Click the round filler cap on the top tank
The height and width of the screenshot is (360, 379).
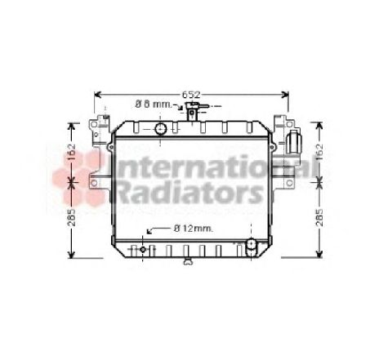click(x=161, y=129)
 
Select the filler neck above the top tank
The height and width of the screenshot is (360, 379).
click(x=194, y=114)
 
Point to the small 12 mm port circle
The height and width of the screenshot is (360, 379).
click(x=145, y=249)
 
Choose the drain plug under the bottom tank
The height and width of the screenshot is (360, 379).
click(x=189, y=263)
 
